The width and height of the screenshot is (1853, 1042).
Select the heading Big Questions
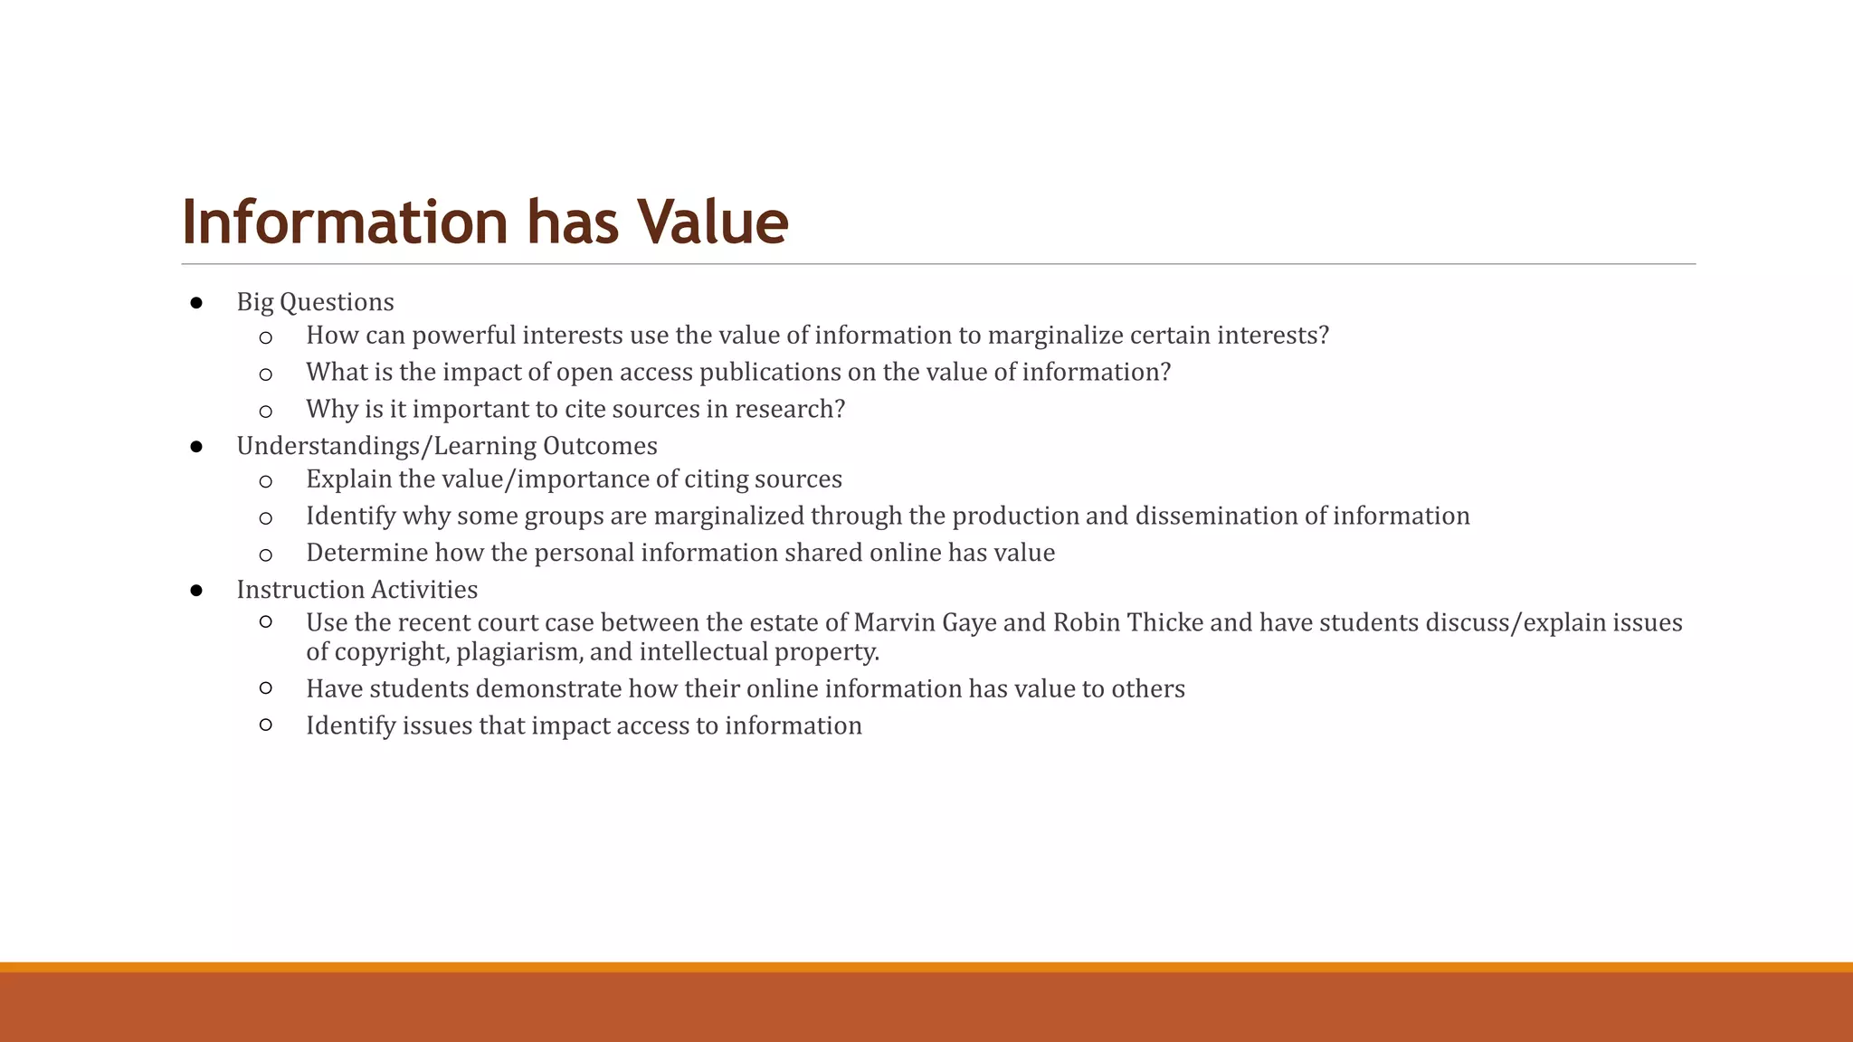(x=315, y=302)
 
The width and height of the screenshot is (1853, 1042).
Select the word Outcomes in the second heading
(x=600, y=446)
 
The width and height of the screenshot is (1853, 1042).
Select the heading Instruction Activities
(x=356, y=590)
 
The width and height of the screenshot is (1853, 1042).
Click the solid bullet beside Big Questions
(x=196, y=303)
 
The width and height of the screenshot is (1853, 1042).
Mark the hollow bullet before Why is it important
(x=265, y=412)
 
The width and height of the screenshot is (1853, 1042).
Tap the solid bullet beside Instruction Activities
(x=196, y=591)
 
